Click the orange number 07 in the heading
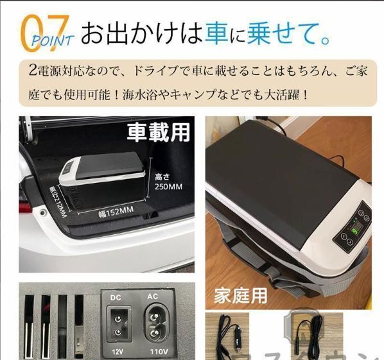point(40,29)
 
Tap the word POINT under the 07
point(51,40)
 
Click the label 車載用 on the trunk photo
point(159,132)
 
